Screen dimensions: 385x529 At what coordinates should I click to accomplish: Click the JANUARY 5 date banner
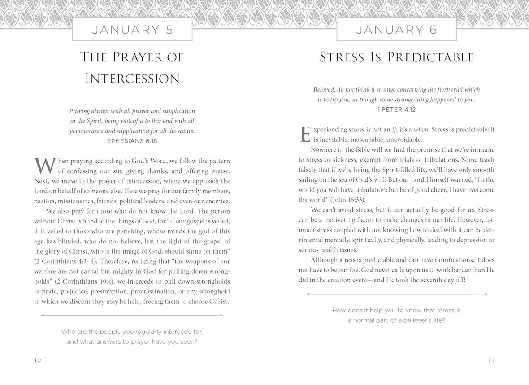132,31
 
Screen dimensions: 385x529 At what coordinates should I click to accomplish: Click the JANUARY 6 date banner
396,31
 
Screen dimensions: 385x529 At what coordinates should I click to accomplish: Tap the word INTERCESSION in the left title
132,79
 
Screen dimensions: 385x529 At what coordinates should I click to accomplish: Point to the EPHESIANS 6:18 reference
132,140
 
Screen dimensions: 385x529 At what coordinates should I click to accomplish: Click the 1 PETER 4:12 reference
396,109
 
